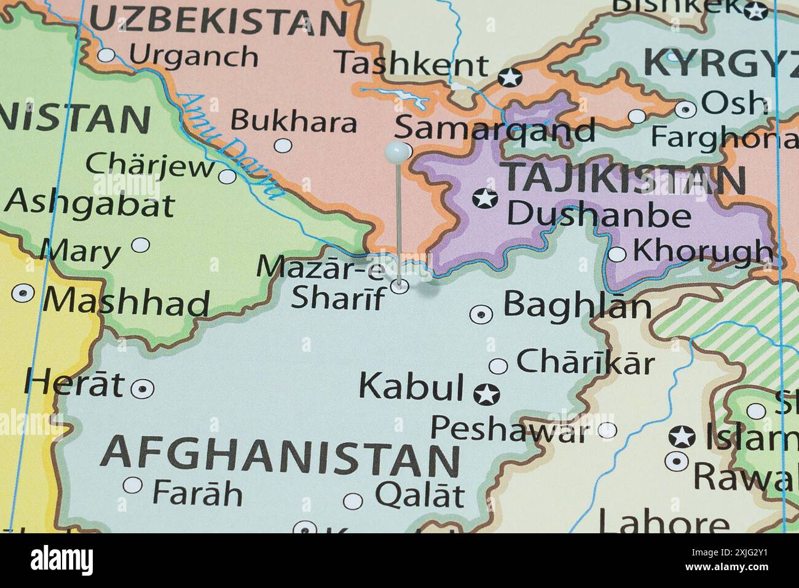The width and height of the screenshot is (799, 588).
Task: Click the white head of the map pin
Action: click(x=397, y=150)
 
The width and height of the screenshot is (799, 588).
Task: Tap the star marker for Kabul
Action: click(x=486, y=394)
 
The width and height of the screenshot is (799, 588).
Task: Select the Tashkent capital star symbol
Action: click(x=510, y=77)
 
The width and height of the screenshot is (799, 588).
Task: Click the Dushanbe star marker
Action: click(x=484, y=199)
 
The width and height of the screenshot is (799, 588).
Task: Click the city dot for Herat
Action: click(x=143, y=388)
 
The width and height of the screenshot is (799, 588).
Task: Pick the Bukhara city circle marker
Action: click(x=283, y=146)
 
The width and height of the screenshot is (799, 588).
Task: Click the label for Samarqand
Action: click(x=495, y=130)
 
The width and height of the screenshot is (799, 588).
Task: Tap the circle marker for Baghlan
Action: click(x=481, y=314)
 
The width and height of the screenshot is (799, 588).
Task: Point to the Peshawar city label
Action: click(x=509, y=429)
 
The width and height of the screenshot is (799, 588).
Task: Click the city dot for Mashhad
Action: click(x=23, y=293)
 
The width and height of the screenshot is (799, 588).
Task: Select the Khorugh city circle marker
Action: click(x=617, y=254)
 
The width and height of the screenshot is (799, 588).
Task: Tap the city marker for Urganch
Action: click(x=107, y=55)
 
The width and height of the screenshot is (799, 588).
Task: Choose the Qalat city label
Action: click(x=420, y=494)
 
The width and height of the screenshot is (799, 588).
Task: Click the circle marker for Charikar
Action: click(x=498, y=366)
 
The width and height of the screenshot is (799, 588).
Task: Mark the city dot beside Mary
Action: click(x=141, y=245)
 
